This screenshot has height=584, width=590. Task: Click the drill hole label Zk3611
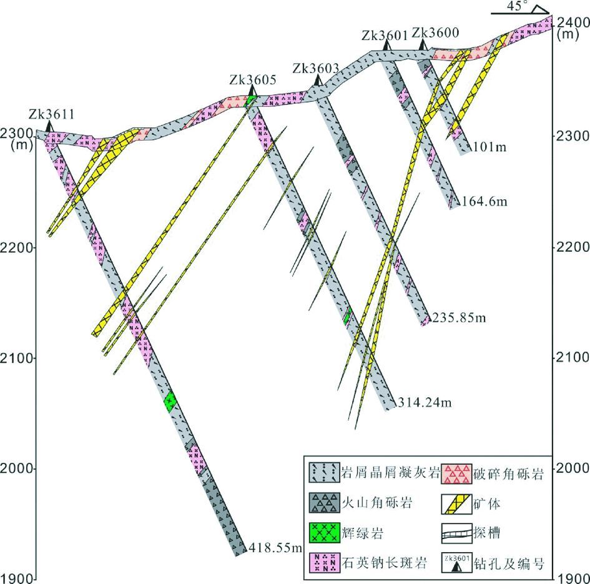[52, 114]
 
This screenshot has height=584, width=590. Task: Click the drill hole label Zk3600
[436, 33]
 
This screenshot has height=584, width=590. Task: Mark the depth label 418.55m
[275, 548]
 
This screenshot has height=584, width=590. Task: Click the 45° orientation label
[516, 6]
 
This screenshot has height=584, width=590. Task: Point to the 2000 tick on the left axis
[15, 468]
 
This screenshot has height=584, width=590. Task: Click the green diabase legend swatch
[324, 533]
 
